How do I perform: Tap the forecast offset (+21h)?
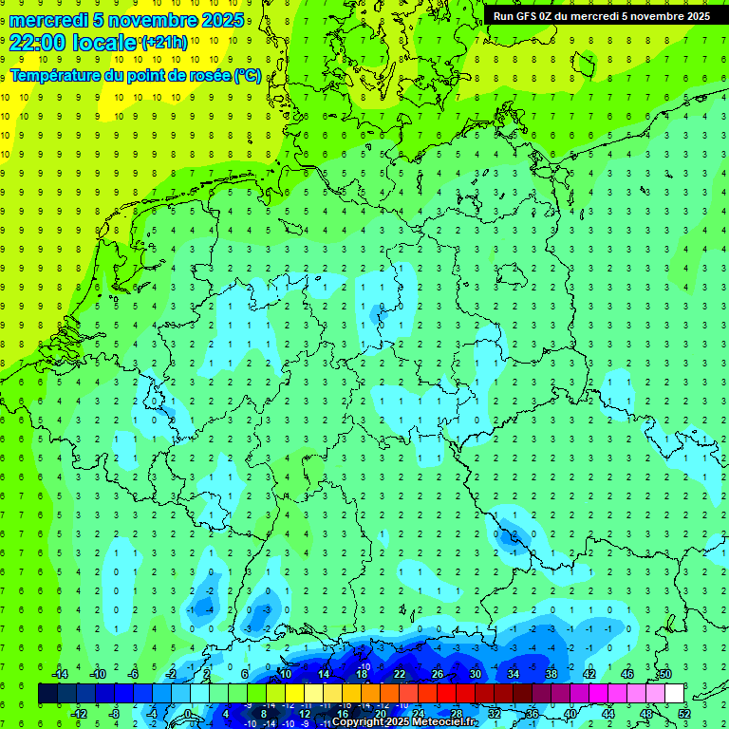point(164,43)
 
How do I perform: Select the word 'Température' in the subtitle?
point(59,75)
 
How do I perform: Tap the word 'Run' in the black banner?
point(503,16)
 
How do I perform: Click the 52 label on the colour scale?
point(683,713)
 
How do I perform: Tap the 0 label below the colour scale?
point(189,713)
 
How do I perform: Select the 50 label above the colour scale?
point(664,674)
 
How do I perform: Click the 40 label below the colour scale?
point(570,713)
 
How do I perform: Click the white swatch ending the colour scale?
point(674,693)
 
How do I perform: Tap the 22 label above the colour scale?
point(399,674)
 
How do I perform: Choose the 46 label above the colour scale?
point(626,674)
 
